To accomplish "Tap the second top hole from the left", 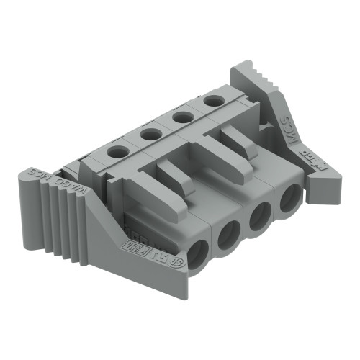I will click(x=150, y=133).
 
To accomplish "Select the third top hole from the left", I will click(x=183, y=116).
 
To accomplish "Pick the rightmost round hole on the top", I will click(x=212, y=100).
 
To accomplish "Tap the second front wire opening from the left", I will click(x=230, y=233).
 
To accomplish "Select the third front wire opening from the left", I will click(x=260, y=215).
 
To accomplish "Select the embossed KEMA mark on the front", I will click(x=143, y=248).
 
